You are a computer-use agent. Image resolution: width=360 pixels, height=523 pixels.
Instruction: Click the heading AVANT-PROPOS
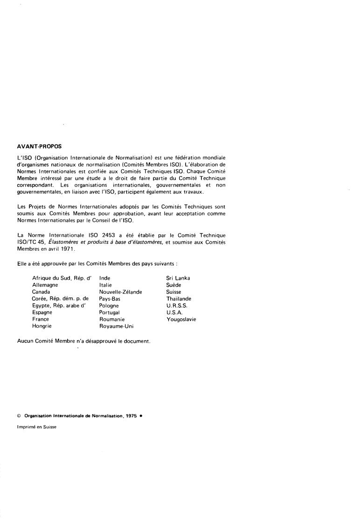[x=39, y=146]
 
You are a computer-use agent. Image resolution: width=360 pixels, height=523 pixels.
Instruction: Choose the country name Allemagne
[x=45, y=285]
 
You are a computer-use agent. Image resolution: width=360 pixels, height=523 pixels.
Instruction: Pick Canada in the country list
[x=41, y=292]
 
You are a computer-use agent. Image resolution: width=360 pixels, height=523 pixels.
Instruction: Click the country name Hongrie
[x=42, y=326]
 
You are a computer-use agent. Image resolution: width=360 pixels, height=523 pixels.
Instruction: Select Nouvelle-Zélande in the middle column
[x=120, y=292]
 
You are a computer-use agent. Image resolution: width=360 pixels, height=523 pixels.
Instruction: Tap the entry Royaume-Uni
[x=116, y=326]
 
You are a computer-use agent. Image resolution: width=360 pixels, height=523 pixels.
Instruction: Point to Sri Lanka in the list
[x=178, y=278]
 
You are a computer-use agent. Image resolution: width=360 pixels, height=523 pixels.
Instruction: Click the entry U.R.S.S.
[x=176, y=305]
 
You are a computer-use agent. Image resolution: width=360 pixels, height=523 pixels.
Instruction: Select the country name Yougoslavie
[x=181, y=319]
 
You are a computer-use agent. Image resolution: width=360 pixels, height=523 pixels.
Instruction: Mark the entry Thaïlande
[x=179, y=299]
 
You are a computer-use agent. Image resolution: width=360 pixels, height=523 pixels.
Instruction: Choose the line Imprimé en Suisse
[x=36, y=427]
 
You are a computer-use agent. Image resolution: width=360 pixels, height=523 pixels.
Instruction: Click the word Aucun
[x=25, y=341]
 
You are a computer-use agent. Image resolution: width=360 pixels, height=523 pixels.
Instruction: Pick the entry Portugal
[x=110, y=312]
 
